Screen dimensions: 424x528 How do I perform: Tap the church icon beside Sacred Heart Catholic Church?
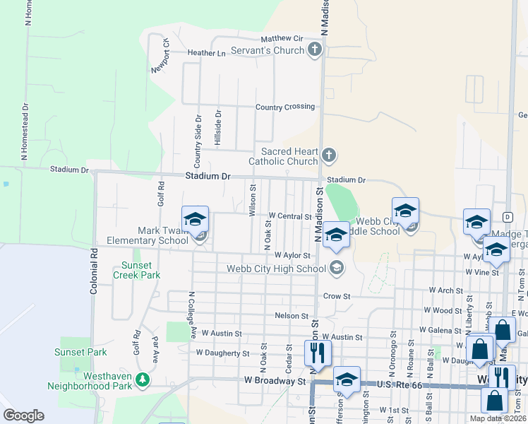[x=328, y=155]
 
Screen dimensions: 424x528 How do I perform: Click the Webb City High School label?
[x=276, y=268]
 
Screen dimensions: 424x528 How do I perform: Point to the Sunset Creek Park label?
[x=140, y=270]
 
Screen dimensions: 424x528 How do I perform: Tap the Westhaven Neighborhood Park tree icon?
[x=144, y=380]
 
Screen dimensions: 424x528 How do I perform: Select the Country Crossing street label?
[x=284, y=107]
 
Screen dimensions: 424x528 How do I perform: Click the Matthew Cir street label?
[x=281, y=38]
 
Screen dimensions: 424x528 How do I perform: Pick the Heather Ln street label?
[x=207, y=53]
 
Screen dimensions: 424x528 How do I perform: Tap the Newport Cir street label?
[x=160, y=55]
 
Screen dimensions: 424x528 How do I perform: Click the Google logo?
[x=23, y=416]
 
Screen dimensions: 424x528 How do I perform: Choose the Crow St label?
[x=337, y=296]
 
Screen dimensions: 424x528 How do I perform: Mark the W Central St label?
[x=290, y=216]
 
